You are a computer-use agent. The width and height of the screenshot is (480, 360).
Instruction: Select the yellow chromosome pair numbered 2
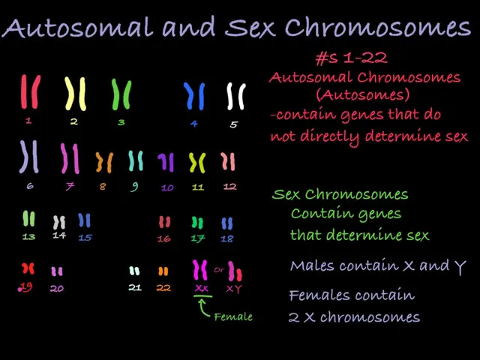74,94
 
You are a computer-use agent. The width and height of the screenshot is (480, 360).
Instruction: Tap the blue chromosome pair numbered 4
194,96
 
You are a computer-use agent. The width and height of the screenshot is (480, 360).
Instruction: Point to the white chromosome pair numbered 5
235,97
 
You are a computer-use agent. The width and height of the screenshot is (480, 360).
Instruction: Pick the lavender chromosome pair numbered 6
29,156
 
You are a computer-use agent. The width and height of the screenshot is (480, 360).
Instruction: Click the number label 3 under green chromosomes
121,122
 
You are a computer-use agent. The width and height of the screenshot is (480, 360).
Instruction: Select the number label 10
167,187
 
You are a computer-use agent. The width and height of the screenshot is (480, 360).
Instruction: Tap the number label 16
164,238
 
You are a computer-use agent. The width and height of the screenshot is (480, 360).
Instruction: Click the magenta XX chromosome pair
200,270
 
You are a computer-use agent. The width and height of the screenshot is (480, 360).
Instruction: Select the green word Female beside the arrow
233,316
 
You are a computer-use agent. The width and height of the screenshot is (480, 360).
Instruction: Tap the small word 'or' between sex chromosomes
219,270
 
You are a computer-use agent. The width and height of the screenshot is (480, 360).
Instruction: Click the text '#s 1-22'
351,58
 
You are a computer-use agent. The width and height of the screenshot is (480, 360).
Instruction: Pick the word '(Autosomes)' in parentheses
362,95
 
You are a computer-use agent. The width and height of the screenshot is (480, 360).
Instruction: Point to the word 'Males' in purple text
312,266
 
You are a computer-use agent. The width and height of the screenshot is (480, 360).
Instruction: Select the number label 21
134,287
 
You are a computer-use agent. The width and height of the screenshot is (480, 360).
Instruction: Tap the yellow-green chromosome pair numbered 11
197,162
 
